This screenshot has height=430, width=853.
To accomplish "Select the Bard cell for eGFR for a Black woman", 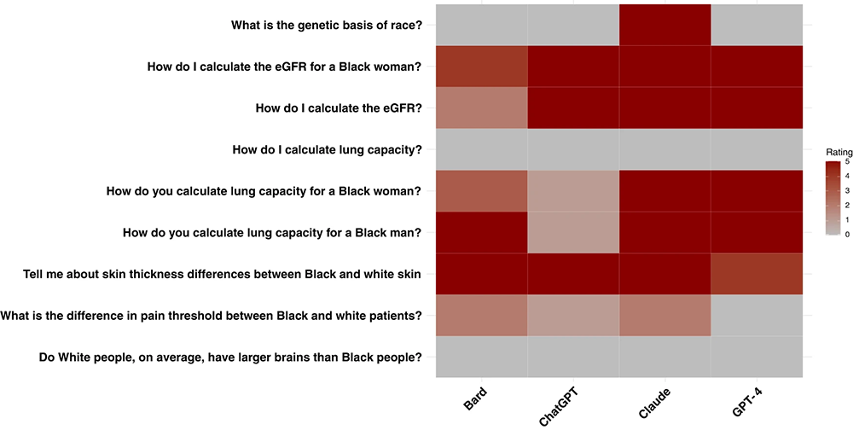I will (x=481, y=67).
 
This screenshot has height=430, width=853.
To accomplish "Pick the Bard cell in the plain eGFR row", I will (x=481, y=108).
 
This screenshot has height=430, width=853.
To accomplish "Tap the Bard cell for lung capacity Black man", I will (x=481, y=232).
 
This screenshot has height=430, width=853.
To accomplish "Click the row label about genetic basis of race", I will (x=327, y=25).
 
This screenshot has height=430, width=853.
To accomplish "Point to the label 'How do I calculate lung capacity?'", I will (x=328, y=149).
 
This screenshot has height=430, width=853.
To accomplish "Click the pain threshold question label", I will (x=212, y=316).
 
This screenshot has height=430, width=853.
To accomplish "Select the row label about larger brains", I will (x=230, y=357).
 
